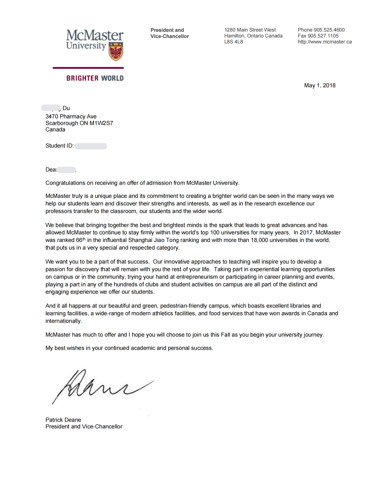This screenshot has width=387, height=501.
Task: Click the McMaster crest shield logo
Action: coord(116,51)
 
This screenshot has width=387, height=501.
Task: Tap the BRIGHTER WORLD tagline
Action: coord(95,78)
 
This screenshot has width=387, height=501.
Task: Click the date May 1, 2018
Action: coord(320,85)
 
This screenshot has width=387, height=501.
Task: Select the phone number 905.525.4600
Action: coord(329,30)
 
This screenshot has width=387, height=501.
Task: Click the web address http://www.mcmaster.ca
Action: coord(325,42)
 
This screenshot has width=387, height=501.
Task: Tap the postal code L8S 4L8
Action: coord(233,42)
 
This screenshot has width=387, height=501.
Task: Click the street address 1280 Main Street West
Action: coord(250,30)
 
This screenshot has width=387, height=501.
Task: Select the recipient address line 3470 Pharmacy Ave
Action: coord(71,116)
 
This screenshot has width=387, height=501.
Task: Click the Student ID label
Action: coord(59,146)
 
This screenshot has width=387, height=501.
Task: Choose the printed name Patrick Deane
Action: coord(63,419)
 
